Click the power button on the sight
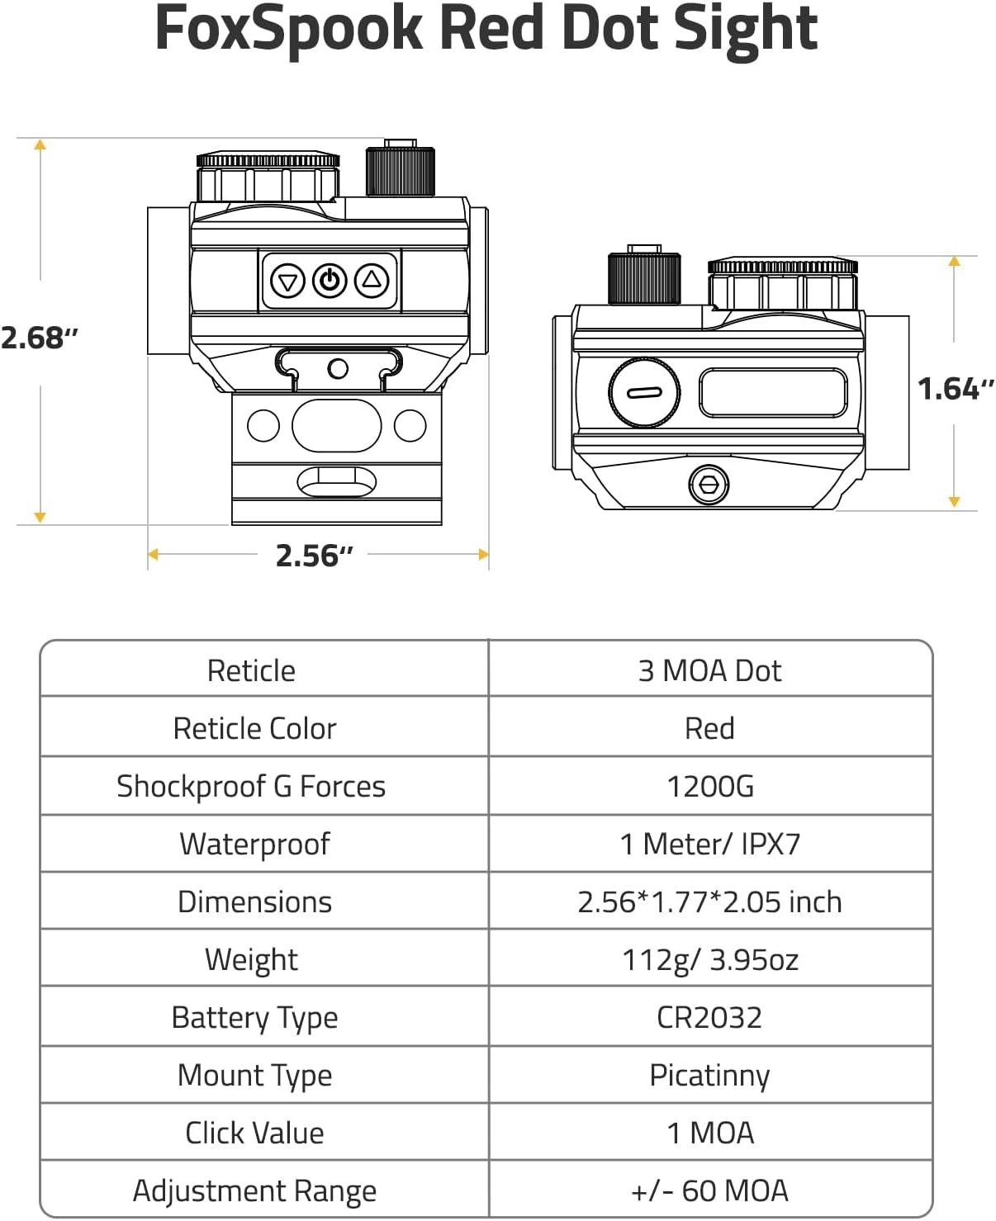click(x=330, y=281)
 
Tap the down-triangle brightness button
click(x=287, y=282)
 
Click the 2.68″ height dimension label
click(x=40, y=338)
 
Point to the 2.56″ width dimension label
click(x=314, y=556)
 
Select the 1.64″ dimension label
click(x=956, y=389)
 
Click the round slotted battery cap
click(x=644, y=392)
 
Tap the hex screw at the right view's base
click(x=709, y=484)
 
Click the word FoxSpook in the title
click(x=288, y=29)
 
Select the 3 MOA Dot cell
click(x=709, y=670)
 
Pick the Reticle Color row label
click(x=254, y=728)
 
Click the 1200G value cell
click(x=710, y=786)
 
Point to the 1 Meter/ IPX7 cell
click(x=710, y=844)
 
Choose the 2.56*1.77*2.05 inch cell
click(x=709, y=902)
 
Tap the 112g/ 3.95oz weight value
click(x=710, y=960)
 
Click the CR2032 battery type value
click(x=709, y=1017)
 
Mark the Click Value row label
click(x=254, y=1133)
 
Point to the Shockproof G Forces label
click(x=251, y=786)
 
